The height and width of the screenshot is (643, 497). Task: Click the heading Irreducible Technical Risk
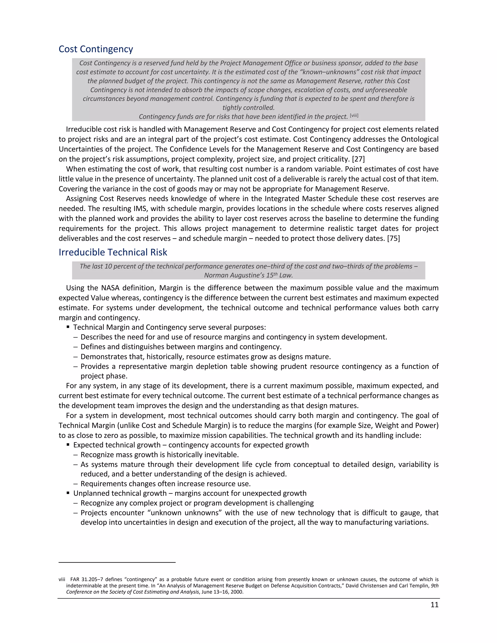point(113,252)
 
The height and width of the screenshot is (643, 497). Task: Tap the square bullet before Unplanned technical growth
point(68,493)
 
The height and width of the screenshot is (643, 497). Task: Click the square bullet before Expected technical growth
point(68,445)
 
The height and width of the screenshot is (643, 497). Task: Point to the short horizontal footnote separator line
point(117,562)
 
